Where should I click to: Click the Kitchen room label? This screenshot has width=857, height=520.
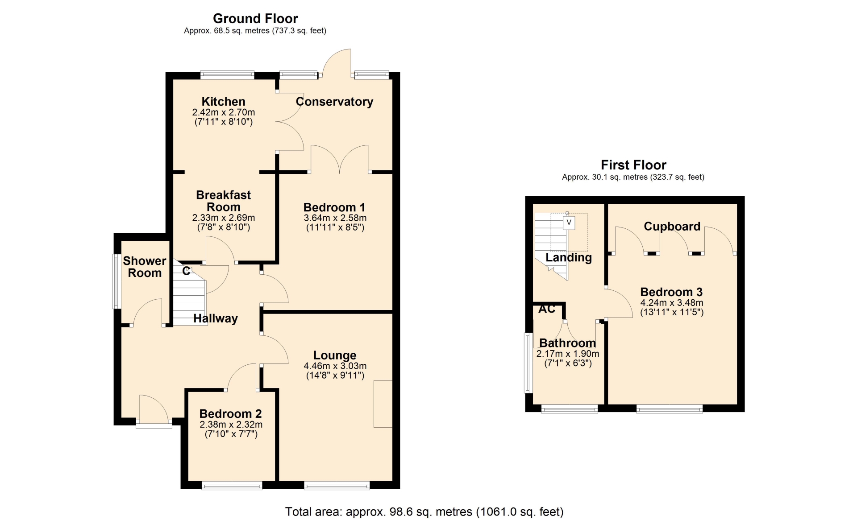[223, 102]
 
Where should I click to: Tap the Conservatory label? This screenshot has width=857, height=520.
[334, 102]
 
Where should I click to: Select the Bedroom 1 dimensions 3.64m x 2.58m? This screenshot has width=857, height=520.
[335, 218]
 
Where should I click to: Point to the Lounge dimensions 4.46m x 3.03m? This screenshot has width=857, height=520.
[335, 366]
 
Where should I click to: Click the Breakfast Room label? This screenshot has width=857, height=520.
[223, 201]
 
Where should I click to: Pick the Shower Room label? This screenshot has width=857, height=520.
[145, 267]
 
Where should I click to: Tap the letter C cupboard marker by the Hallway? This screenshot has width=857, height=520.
[186, 271]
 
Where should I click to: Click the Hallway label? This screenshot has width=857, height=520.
[215, 318]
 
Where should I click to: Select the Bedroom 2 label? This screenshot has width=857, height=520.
[230, 414]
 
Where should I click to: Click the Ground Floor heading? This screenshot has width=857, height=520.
[255, 18]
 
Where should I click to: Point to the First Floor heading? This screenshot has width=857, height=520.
[633, 165]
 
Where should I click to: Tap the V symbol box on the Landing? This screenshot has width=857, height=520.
[569, 223]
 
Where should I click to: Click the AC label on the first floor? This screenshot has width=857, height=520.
[547, 309]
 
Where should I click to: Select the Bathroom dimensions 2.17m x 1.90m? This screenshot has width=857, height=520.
[568, 354]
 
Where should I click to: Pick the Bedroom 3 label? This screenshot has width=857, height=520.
[671, 292]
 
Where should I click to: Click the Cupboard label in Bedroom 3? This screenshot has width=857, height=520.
[672, 227]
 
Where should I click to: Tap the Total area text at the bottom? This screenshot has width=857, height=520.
[424, 512]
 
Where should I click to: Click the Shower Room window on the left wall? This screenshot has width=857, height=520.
[116, 281]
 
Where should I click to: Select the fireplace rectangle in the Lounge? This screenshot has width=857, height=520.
[383, 404]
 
